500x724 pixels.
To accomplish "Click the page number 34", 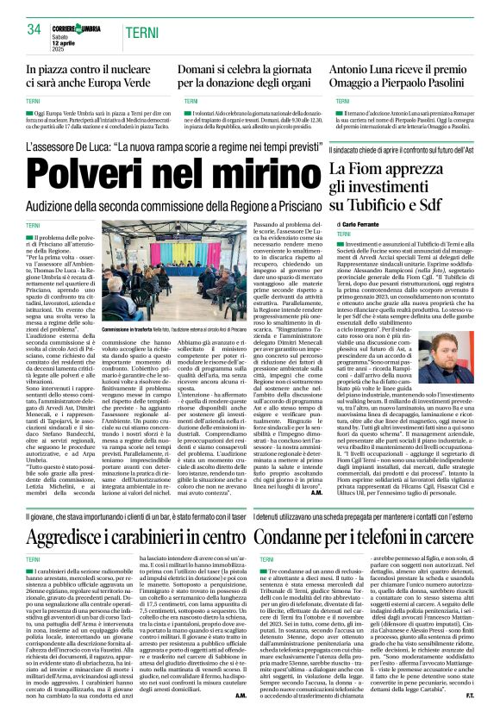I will (x=35, y=29).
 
